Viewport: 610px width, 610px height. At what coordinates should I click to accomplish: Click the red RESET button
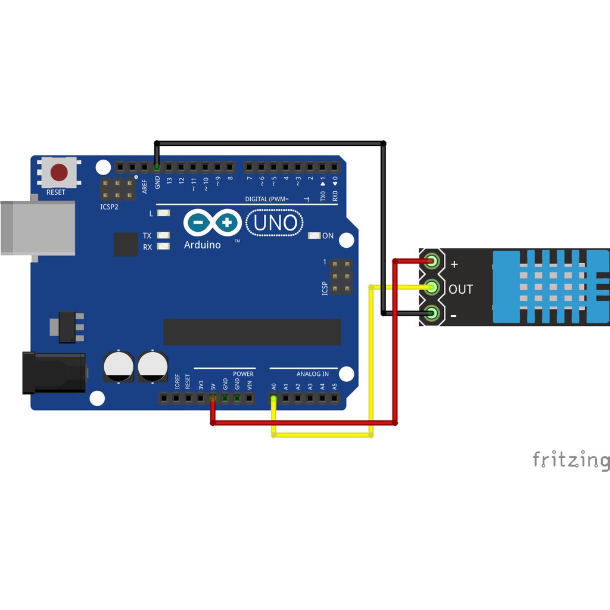(x=58, y=173)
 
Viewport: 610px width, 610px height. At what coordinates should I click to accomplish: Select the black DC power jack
(x=54, y=372)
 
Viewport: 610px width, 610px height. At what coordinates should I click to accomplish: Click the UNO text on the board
(x=275, y=223)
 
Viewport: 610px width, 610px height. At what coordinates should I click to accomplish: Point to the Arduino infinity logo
(x=212, y=223)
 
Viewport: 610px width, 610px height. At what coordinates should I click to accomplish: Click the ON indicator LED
(x=314, y=236)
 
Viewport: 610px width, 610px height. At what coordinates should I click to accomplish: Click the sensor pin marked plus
(x=432, y=261)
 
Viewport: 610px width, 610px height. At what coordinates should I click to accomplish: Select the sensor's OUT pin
(x=432, y=288)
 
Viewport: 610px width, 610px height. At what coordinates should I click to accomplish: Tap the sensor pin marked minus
(x=432, y=313)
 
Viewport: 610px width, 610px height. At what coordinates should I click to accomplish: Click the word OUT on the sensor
(x=460, y=290)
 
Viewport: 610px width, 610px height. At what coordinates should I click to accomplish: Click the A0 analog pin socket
(x=273, y=399)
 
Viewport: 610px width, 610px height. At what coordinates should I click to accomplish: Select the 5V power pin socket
(x=213, y=399)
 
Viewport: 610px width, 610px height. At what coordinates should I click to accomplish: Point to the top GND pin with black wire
(x=157, y=166)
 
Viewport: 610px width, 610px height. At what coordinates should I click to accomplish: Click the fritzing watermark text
(x=571, y=460)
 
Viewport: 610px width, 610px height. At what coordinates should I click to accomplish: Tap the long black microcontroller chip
(x=252, y=332)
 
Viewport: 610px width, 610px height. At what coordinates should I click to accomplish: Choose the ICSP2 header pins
(x=117, y=189)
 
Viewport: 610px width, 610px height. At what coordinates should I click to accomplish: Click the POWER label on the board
(x=243, y=374)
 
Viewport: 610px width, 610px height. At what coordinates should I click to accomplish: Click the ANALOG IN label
(x=312, y=374)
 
